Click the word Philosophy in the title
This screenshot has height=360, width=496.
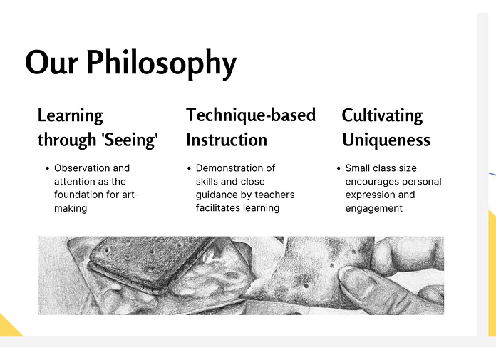[161, 63]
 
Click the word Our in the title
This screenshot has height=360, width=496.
[51, 63]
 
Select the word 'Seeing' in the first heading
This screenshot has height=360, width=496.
[130, 140]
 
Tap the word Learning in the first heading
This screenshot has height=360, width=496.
[71, 115]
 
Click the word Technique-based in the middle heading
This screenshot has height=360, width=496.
[251, 115]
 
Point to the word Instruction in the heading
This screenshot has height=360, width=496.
[227, 140]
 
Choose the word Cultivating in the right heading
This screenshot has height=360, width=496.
[382, 115]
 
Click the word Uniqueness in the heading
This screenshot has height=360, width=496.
[386, 140]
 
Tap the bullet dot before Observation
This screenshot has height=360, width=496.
[48, 168]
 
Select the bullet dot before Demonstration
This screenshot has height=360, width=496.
[189, 168]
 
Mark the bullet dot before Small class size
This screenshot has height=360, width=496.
[339, 168]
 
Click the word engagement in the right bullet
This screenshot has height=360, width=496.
[374, 208]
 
